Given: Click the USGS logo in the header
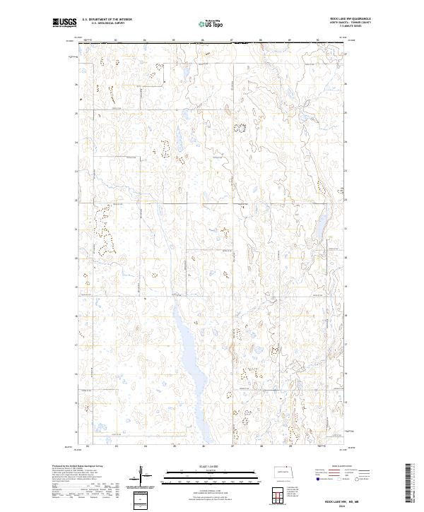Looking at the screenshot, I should pyautogui.click(x=64, y=23).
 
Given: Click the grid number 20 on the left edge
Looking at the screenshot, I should pyautogui.click(x=76, y=258).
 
